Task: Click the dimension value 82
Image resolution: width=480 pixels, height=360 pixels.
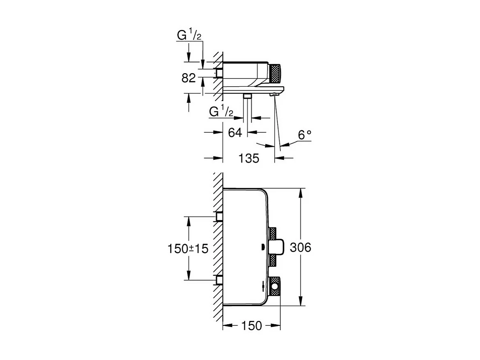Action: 189,78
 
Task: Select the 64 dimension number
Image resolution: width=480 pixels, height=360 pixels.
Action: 235,132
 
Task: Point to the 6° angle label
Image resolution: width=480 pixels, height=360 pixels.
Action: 304,135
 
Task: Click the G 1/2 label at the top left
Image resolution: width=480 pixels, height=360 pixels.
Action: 189,35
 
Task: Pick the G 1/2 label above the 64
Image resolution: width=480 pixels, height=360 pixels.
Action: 221,111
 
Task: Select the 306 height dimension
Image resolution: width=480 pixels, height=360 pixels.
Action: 300,247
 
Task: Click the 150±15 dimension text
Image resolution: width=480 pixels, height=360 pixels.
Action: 188,248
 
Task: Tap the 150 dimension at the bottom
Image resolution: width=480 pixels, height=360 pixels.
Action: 251,326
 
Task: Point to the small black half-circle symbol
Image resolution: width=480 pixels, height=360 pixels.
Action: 262,247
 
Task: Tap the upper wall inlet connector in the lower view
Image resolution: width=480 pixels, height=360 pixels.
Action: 219,217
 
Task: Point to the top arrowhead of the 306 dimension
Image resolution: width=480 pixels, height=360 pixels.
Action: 302,192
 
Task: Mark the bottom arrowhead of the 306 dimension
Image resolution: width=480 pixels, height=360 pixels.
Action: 302,302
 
